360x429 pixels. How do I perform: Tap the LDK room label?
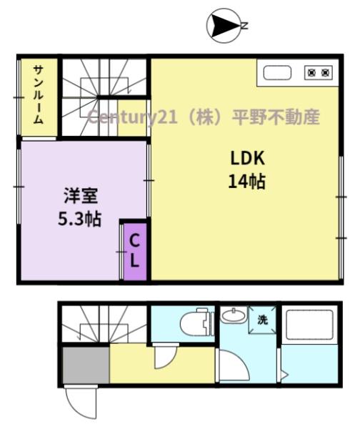248,158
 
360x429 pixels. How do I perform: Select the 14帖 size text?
247,182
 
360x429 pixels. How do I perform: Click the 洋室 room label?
81,196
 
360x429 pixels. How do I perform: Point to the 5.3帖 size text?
79,219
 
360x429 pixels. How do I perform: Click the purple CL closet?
135,252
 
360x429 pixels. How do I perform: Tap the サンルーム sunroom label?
39,94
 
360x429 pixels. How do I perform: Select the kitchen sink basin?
277,73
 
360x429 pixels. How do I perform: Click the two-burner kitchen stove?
319,73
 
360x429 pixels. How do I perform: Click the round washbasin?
234,315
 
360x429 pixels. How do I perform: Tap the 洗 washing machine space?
262,320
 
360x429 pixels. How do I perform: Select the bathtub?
309,325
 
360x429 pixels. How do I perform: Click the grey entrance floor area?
86,365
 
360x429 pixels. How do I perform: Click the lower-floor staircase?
104,324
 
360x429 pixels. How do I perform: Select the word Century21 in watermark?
133,117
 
